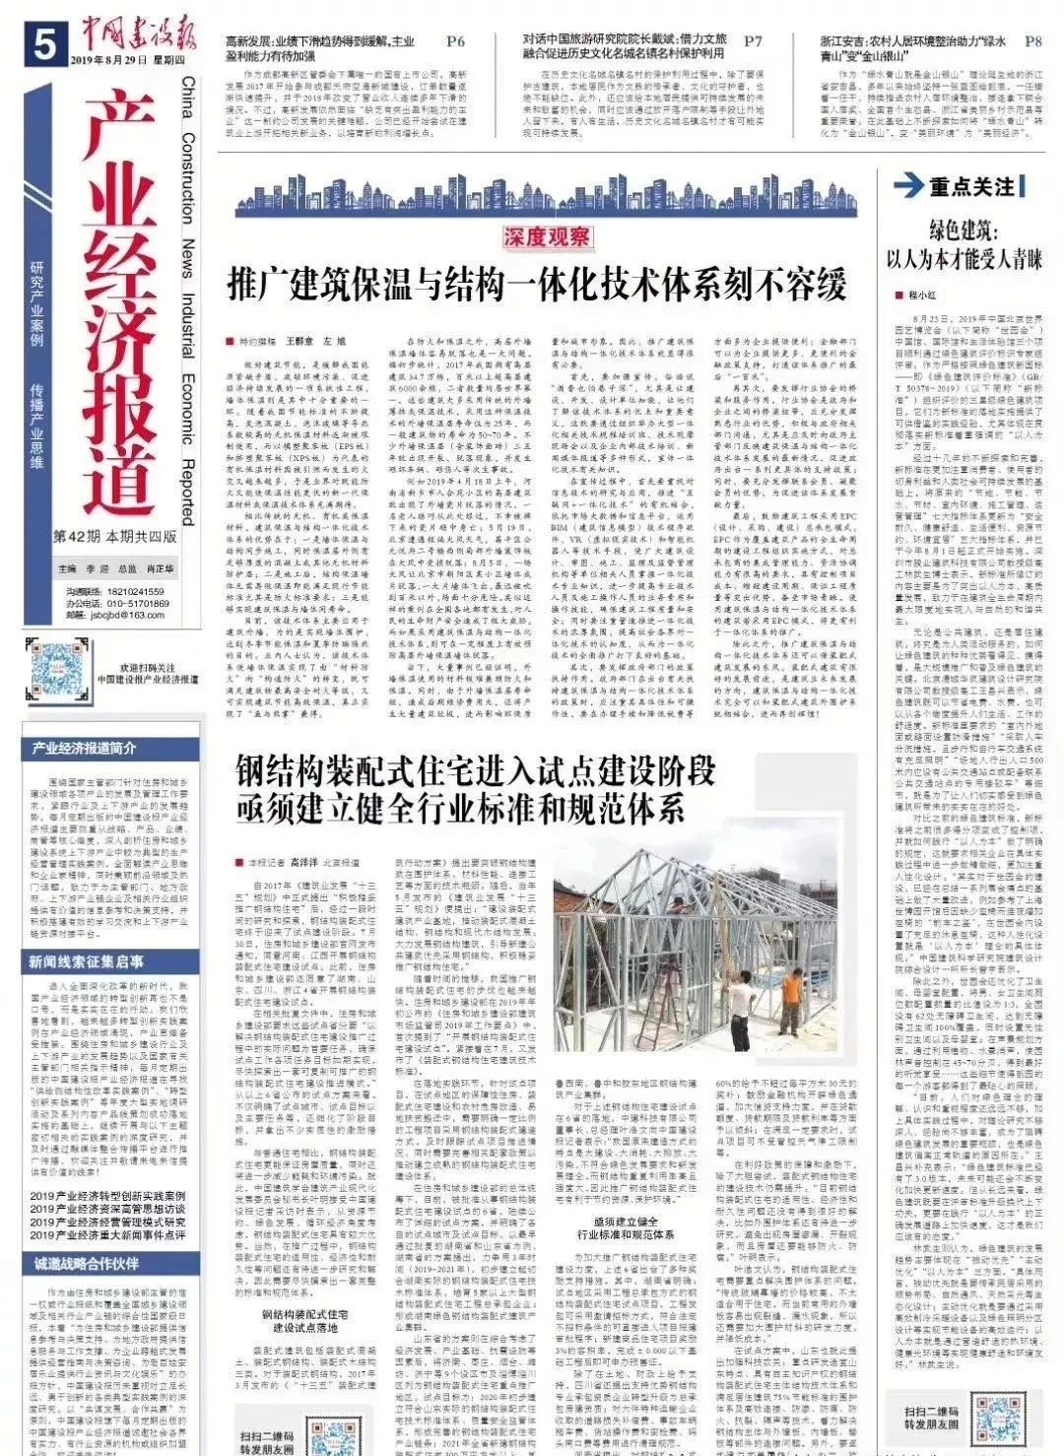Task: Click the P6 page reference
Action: [454, 41]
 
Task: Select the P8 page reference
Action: [1031, 41]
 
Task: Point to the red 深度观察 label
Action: [546, 236]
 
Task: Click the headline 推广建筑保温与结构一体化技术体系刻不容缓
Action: [536, 285]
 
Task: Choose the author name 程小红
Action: [920, 295]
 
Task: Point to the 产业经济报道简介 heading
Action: [83, 748]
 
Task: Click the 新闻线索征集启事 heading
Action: [87, 961]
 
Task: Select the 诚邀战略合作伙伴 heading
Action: [87, 1264]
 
